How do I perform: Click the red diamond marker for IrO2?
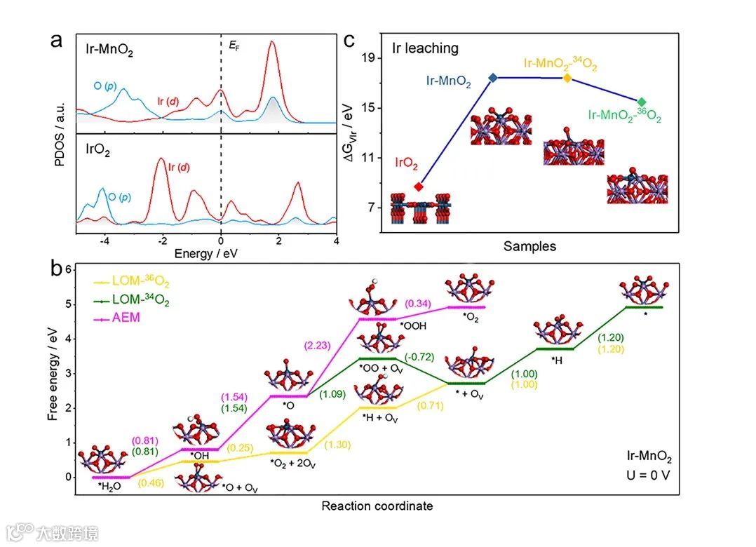(419, 187)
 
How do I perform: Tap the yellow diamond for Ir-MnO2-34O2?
(567, 78)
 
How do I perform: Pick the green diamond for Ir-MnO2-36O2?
(642, 102)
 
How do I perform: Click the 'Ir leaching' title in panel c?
(425, 48)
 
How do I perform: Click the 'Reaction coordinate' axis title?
(377, 506)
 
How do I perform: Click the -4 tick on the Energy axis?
(104, 241)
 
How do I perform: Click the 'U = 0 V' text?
(650, 475)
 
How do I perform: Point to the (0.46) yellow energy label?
(151, 483)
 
